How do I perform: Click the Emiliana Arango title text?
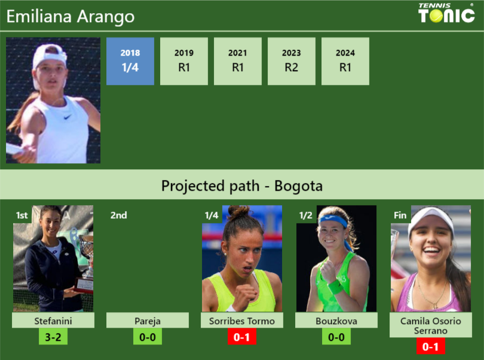click(71, 17)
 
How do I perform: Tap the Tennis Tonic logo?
click(447, 13)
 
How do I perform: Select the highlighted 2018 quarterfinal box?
click(130, 61)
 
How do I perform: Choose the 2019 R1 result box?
click(184, 61)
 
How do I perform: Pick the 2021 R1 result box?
click(238, 61)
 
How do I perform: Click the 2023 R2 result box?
click(292, 61)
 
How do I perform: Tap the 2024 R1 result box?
click(345, 61)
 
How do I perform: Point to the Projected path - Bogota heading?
click(242, 185)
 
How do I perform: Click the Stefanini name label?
click(53, 321)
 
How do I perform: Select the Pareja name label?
click(147, 321)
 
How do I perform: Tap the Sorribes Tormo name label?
click(242, 321)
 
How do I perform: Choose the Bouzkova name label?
click(336, 321)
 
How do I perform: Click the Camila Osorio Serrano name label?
click(431, 325)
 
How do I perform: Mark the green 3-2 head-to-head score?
click(53, 337)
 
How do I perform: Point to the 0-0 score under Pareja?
click(147, 337)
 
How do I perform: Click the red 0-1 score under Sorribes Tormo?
click(242, 337)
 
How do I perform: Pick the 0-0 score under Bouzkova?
click(336, 337)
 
